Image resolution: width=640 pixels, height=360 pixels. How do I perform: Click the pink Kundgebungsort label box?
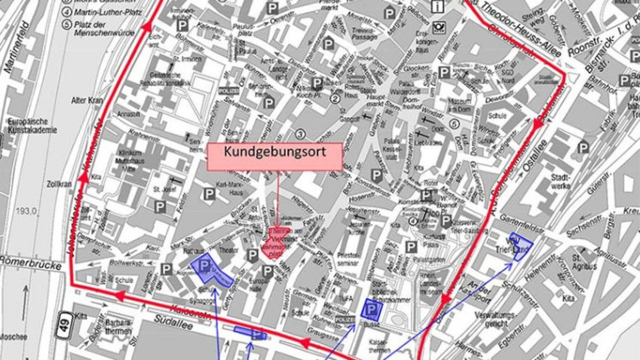click(x=275, y=157)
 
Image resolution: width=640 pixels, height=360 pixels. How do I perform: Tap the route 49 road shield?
click(x=65, y=323)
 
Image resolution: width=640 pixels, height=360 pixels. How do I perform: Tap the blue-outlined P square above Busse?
click(x=370, y=309)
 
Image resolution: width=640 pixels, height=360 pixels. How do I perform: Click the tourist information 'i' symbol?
click(x=438, y=6)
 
